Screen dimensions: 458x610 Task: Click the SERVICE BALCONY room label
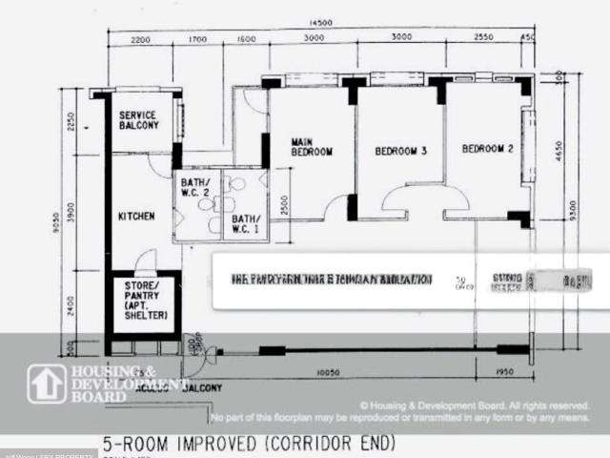click(139, 120)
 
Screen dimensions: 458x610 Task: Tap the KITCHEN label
click(135, 217)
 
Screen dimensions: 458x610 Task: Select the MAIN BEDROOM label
click(311, 147)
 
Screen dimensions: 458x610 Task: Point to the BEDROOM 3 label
click(399, 151)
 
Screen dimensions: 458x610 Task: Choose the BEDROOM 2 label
click(487, 149)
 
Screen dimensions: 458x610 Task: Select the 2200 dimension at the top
click(141, 39)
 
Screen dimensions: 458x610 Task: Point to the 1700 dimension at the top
click(197, 39)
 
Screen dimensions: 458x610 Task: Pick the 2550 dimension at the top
click(482, 39)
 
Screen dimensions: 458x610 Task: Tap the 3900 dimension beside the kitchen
click(84, 208)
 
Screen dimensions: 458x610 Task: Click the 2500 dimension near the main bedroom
click(285, 204)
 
